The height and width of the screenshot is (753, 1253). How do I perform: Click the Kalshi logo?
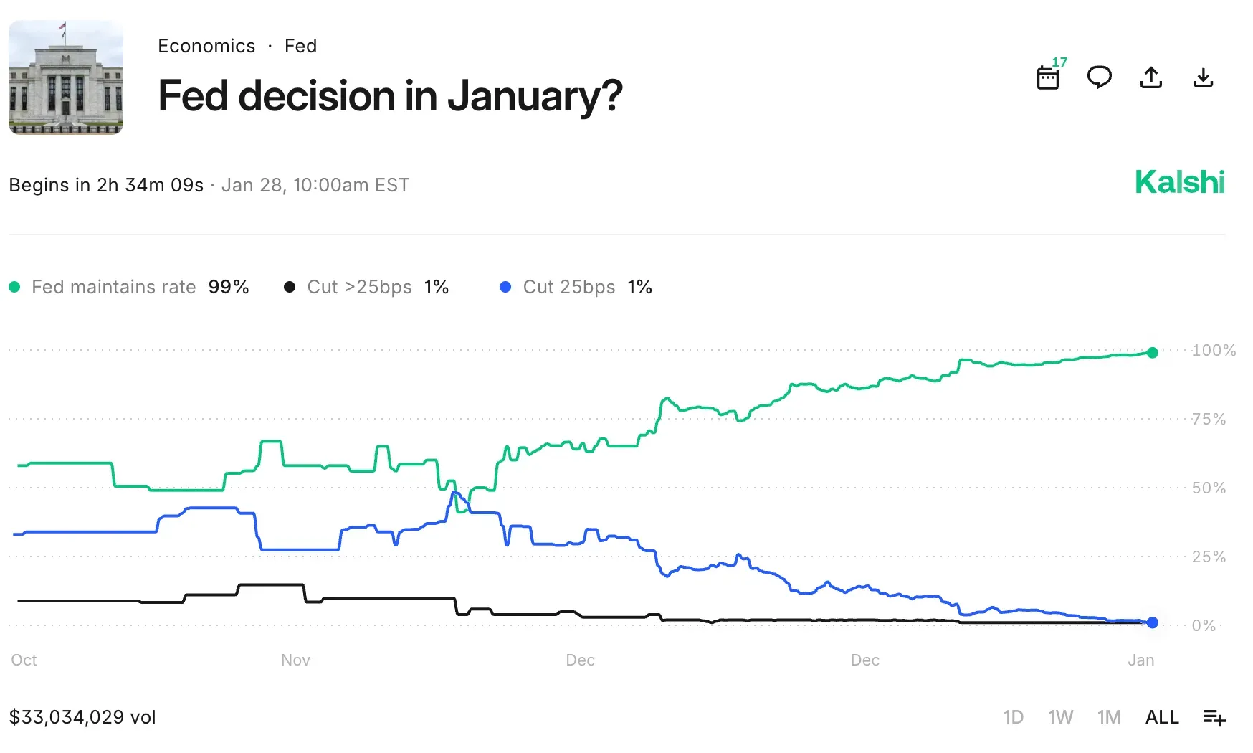(1180, 183)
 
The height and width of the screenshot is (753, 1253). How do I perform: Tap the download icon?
(1203, 77)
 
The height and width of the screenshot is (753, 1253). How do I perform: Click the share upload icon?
(1151, 77)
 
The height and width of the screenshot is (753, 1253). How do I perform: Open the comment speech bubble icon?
(1099, 77)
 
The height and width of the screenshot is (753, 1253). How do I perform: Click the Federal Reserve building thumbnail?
(66, 77)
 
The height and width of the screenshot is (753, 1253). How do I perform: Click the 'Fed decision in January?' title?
(390, 96)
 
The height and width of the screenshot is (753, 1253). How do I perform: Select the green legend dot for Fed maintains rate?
(14, 287)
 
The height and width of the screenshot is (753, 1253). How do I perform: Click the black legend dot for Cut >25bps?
(290, 287)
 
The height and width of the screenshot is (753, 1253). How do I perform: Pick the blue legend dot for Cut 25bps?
(505, 287)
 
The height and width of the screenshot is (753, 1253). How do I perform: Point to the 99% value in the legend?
(229, 287)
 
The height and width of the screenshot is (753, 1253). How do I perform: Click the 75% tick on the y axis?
(1209, 419)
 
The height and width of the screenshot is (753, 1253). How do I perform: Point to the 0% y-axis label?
(1204, 625)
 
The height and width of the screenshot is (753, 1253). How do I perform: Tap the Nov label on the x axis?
(295, 660)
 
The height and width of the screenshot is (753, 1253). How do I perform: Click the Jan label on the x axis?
(1140, 660)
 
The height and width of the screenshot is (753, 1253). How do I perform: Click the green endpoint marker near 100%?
(1152, 353)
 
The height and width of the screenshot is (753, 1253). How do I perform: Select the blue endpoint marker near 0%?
(1152, 622)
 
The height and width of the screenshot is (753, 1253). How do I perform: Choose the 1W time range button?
(1060, 717)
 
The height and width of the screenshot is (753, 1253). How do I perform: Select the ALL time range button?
(1162, 717)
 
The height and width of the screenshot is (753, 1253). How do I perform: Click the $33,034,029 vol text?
(82, 717)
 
